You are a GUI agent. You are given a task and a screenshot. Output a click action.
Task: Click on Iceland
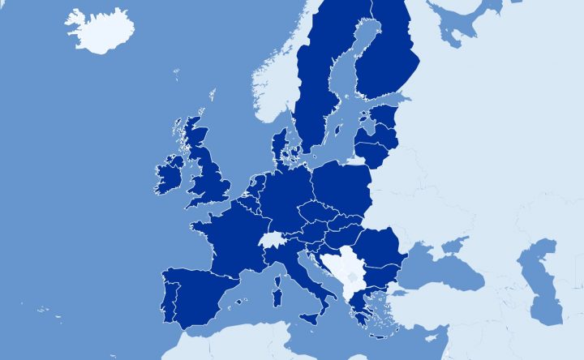click(99, 31)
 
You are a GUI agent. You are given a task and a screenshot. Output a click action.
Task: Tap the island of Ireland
click(169, 174)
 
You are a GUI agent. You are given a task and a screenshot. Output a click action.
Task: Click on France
click(231, 235)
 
